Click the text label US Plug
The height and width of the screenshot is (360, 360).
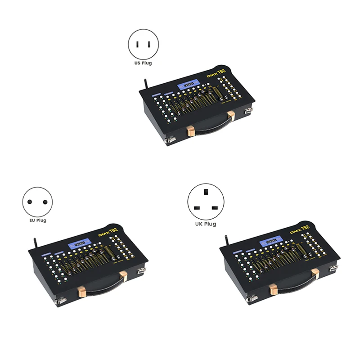pyautogui.click(x=143, y=63)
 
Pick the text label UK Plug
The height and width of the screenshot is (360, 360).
pyautogui.click(x=205, y=224)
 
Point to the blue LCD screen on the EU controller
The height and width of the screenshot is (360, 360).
pyautogui.click(x=78, y=245)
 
